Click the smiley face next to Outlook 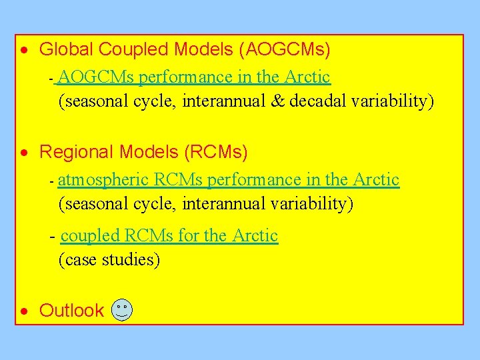coord(122,310)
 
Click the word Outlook coord(71,311)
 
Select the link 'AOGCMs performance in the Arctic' coord(195,77)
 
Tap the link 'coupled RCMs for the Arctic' coord(169,236)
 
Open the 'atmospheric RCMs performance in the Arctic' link coord(229,180)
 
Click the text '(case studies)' coord(109,259)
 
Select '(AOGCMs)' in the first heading coord(287,49)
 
